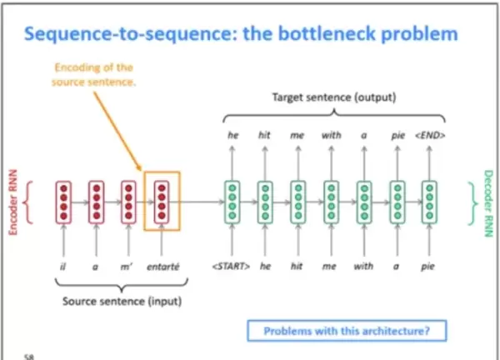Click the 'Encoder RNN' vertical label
click(x=13, y=205)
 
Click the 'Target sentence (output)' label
click(x=332, y=98)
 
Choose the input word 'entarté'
click(x=162, y=268)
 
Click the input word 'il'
click(x=62, y=268)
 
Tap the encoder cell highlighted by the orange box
click(x=162, y=201)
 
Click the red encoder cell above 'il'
click(x=62, y=201)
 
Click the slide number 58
click(x=29, y=354)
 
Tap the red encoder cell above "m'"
click(x=127, y=201)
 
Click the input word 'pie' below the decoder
click(x=429, y=268)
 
